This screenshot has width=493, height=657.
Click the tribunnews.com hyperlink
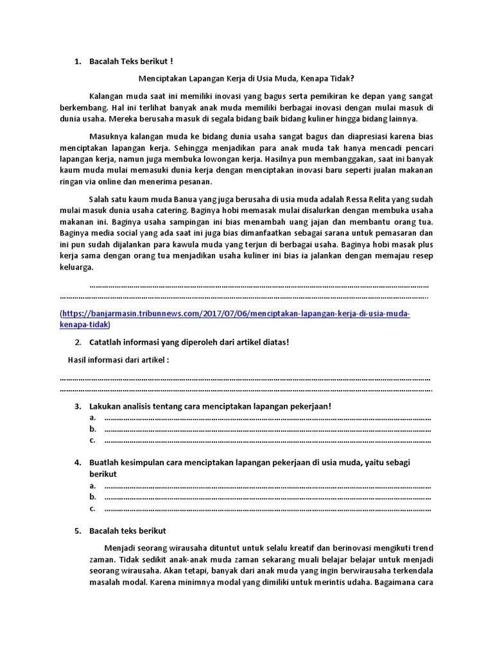tap(235, 314)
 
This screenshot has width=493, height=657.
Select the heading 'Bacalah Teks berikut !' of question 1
tap(131, 62)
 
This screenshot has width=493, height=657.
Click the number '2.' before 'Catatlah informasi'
tap(78, 342)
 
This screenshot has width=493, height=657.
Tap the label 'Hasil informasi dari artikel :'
tap(119, 360)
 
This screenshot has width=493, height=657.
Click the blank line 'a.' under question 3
tap(266, 418)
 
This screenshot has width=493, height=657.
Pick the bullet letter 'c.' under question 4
tap(93, 509)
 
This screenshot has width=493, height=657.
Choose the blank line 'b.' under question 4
tap(266, 497)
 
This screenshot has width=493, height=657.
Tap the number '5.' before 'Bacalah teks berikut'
tap(78, 531)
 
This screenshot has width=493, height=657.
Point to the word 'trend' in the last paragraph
tap(421, 548)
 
